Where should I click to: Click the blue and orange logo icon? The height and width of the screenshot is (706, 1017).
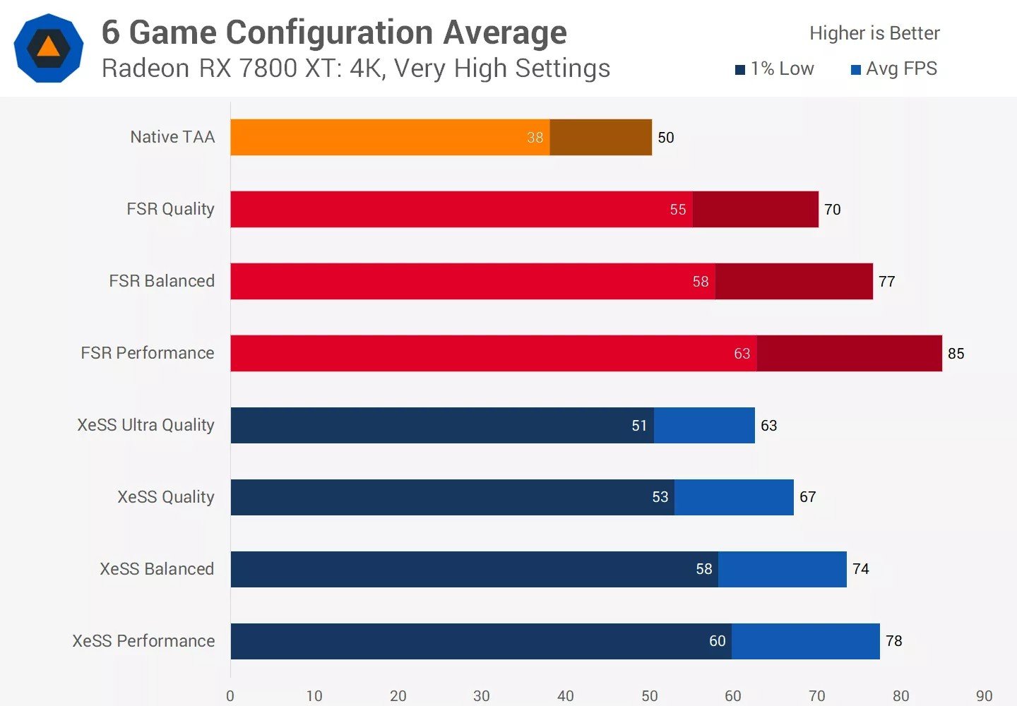point(48,48)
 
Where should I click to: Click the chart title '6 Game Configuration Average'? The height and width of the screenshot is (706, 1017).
point(333,32)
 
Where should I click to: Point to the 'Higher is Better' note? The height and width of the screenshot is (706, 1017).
point(874,33)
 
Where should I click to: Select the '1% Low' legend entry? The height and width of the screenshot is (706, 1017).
point(775,68)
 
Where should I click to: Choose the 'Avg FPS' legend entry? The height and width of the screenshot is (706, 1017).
point(894,68)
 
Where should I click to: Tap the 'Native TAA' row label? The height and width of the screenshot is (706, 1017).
point(172,137)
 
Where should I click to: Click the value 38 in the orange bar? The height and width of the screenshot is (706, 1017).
point(535,138)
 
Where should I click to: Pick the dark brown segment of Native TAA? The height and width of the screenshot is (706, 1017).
point(600,137)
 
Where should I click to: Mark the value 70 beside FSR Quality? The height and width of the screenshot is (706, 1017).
point(832,210)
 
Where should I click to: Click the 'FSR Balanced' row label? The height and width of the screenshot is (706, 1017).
point(162,281)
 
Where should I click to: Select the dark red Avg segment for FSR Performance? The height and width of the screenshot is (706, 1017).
point(849,353)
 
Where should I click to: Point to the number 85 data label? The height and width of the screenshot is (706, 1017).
point(956,354)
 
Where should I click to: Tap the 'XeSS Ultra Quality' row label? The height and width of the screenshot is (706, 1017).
point(145,425)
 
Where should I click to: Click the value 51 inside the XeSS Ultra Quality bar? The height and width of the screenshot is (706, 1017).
point(639,426)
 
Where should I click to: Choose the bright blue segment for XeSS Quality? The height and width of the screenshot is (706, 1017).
point(734,497)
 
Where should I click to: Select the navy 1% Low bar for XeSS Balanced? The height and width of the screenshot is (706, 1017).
point(459,569)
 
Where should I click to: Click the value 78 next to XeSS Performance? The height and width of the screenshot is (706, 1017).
point(893,641)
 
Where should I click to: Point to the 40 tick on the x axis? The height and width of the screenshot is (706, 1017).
point(566,695)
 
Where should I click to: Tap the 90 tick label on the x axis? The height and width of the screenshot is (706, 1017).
point(984,695)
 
